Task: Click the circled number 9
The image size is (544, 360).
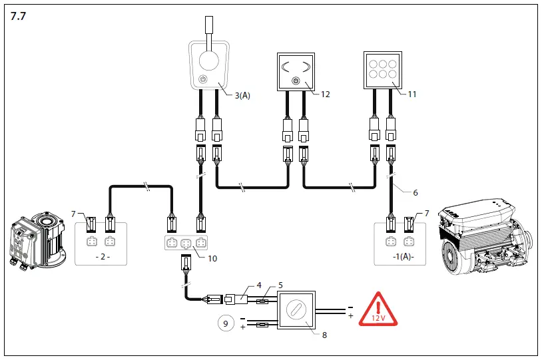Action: pos(226,324)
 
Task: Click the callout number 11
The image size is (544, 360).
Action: pos(412,94)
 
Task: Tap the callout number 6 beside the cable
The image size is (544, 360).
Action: pos(415,192)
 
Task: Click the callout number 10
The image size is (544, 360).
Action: pos(213,258)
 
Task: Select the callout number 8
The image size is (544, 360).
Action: pos(324,335)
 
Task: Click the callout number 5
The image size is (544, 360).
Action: pos(280,285)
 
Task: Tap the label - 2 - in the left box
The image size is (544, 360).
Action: pos(102,256)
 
